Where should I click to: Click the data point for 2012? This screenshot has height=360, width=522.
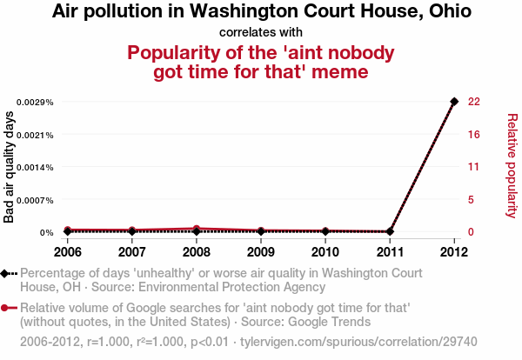point(454,102)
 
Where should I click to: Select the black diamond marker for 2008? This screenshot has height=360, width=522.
point(197,231)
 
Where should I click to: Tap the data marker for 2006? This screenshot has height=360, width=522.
point(68,231)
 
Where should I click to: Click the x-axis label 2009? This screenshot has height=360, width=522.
point(261,252)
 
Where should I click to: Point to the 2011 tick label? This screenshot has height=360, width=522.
point(390,252)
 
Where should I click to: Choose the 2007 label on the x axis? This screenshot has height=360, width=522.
point(132,252)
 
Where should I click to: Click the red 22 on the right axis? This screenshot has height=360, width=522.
point(473,102)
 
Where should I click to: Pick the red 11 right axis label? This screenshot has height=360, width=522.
point(473,167)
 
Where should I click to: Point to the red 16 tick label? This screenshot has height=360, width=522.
point(473,135)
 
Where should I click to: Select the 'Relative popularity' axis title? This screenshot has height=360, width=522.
point(512,165)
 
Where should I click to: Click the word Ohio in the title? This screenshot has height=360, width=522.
point(449,12)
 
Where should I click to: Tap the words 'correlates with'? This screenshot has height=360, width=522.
point(261,32)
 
